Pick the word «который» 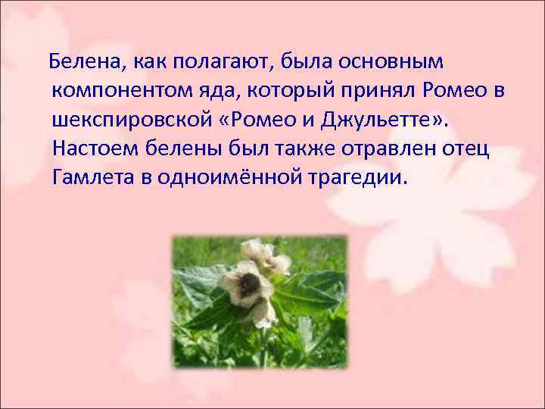pos(291,90)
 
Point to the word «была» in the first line pos(277,60)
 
